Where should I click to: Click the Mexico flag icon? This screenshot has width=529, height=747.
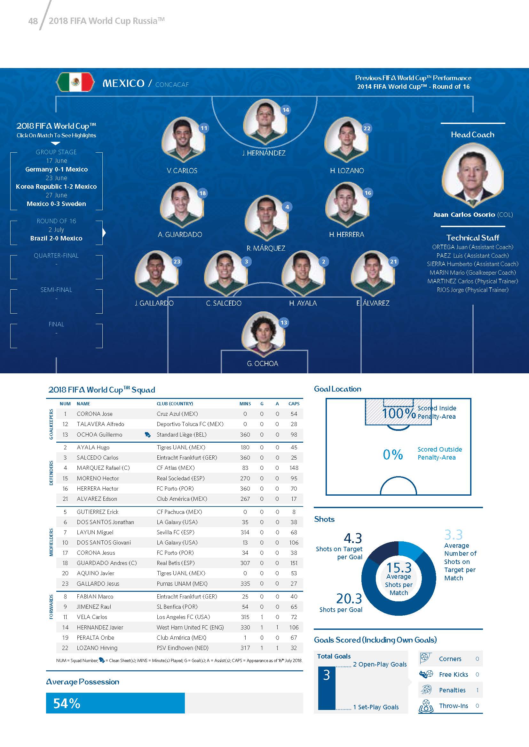(x=75, y=82)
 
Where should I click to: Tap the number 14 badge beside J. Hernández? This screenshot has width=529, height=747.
(x=286, y=110)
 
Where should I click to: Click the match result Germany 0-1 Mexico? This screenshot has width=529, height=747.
(x=56, y=169)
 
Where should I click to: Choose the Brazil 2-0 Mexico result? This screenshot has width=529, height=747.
(x=56, y=238)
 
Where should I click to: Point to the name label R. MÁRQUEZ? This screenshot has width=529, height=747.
(x=266, y=248)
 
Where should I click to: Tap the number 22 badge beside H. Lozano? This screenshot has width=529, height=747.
(x=367, y=128)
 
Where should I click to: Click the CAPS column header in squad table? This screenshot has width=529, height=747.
(x=294, y=403)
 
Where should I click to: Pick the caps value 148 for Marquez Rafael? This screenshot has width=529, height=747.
(x=294, y=468)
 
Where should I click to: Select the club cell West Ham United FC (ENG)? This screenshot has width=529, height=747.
(x=190, y=627)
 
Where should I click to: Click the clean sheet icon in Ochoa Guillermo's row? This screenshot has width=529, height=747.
(x=147, y=435)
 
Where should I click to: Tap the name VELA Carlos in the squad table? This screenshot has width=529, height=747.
(x=92, y=617)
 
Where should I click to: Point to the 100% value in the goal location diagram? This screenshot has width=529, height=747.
(x=399, y=414)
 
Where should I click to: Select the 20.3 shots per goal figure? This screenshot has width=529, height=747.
(x=349, y=598)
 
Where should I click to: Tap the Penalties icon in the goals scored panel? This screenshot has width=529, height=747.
(x=426, y=690)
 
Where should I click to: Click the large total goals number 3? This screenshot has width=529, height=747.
(x=327, y=675)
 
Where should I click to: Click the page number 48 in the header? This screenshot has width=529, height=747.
(x=33, y=21)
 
